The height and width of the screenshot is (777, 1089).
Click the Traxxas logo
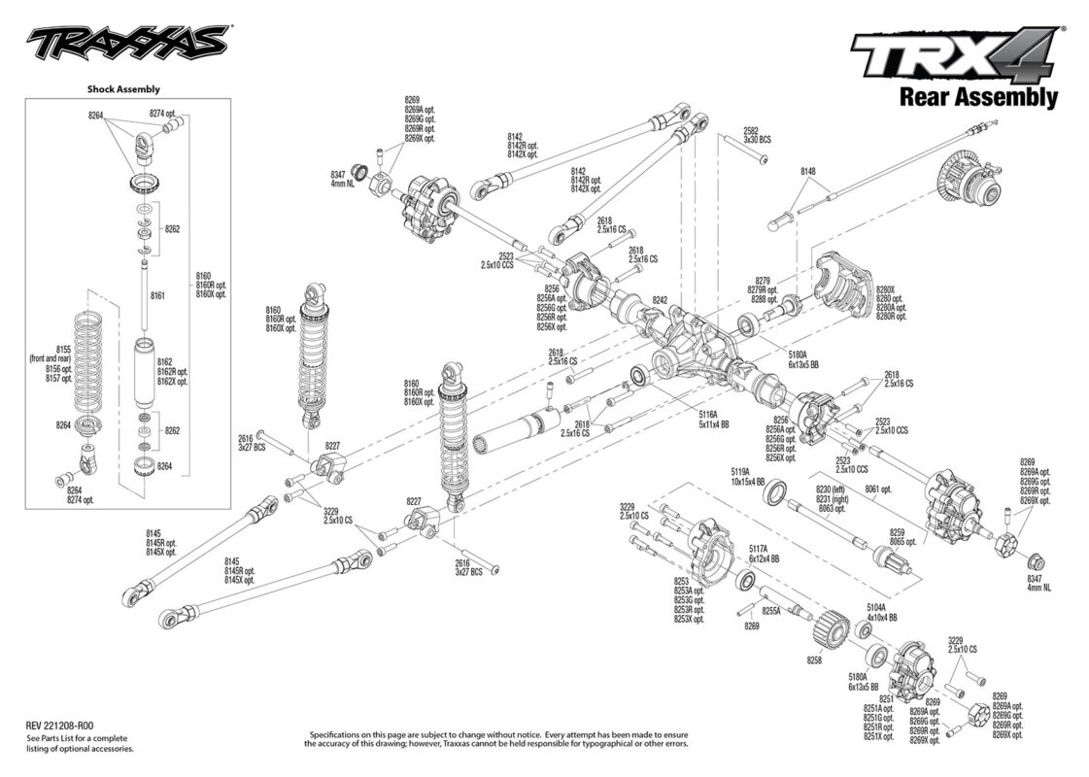click(x=127, y=45)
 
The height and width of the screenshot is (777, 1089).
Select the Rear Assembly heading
click(x=978, y=96)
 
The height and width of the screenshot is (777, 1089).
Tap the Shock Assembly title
click(x=123, y=89)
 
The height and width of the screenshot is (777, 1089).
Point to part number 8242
click(x=660, y=301)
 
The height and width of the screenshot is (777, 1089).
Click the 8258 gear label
click(x=813, y=659)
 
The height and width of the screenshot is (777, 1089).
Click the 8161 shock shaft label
click(x=157, y=295)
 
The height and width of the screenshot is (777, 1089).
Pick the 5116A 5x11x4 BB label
click(x=714, y=419)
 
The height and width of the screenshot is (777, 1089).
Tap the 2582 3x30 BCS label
click(x=757, y=135)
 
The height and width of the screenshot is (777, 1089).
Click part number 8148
click(x=808, y=171)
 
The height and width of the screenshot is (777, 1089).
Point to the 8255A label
click(x=771, y=610)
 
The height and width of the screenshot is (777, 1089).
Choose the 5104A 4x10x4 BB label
click(x=881, y=612)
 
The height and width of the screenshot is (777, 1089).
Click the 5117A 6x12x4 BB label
click(x=764, y=554)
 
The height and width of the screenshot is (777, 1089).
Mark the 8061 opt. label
click(x=878, y=489)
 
